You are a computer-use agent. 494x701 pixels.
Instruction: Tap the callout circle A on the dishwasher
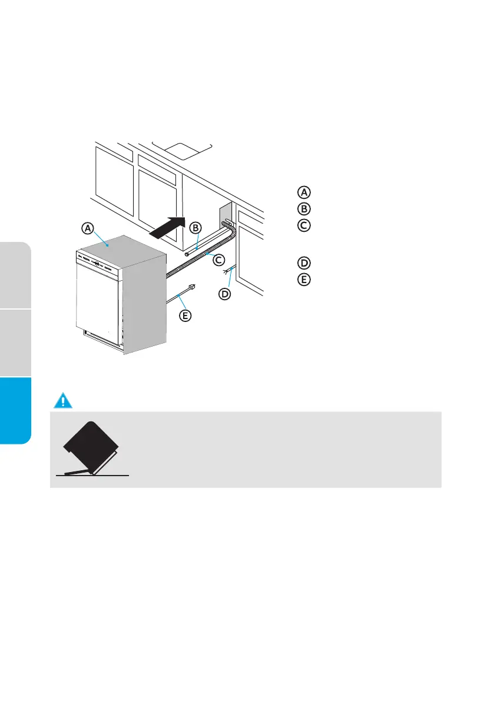pos(87,228)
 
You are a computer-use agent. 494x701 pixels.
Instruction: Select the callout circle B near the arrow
pos(196,225)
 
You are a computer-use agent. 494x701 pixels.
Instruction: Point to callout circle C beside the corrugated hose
pos(217,259)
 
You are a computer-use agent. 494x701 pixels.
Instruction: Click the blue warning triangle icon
pos(62,401)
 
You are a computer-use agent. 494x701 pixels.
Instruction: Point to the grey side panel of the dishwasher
pos(144,306)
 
